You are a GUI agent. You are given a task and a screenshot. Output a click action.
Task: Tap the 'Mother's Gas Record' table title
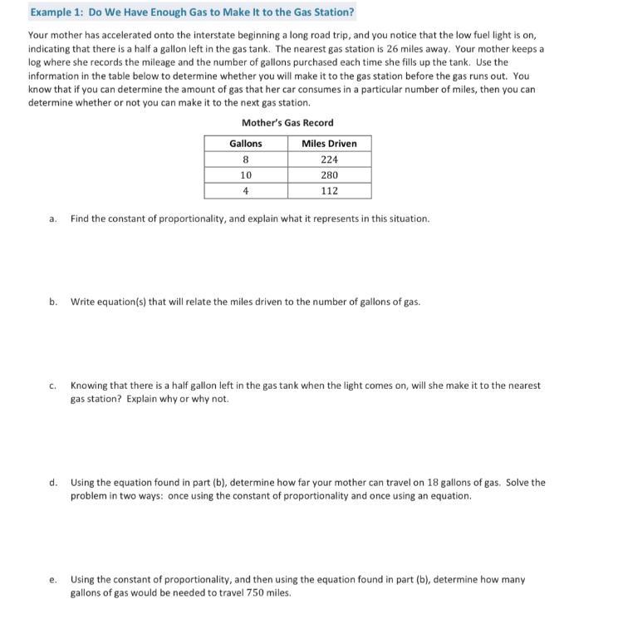[x=287, y=123]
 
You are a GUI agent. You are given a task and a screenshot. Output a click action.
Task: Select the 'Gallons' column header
[x=246, y=144]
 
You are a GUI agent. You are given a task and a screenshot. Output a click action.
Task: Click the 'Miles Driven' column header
[x=329, y=144]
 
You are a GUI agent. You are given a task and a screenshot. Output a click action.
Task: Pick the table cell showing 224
[x=329, y=160]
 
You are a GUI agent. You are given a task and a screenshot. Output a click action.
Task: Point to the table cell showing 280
[x=329, y=175]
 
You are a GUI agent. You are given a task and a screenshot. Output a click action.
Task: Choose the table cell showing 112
[x=329, y=191]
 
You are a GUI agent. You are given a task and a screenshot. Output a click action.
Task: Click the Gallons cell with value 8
[x=246, y=160]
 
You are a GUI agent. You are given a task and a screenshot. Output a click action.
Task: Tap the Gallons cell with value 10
[x=246, y=175]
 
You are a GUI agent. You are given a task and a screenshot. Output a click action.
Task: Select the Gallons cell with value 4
[x=246, y=191]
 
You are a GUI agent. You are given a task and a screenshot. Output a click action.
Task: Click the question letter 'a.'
[x=52, y=219]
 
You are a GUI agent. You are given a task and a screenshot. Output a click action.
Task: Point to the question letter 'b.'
[x=52, y=302]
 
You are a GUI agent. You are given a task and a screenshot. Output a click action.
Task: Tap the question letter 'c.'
[x=52, y=386]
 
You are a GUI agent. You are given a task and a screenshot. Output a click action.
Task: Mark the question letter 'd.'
[x=52, y=483]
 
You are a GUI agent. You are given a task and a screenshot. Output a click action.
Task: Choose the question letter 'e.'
[x=52, y=580]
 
